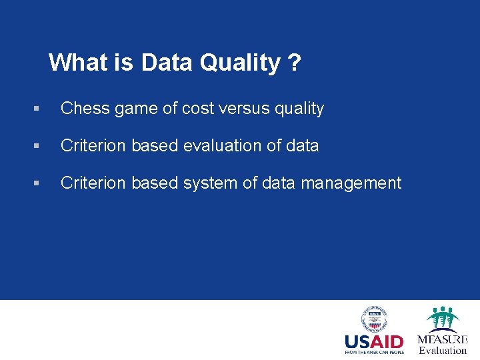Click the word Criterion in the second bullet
(92, 145)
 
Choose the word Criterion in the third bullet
(92, 183)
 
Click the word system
(206, 183)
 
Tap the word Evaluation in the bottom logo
(443, 351)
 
